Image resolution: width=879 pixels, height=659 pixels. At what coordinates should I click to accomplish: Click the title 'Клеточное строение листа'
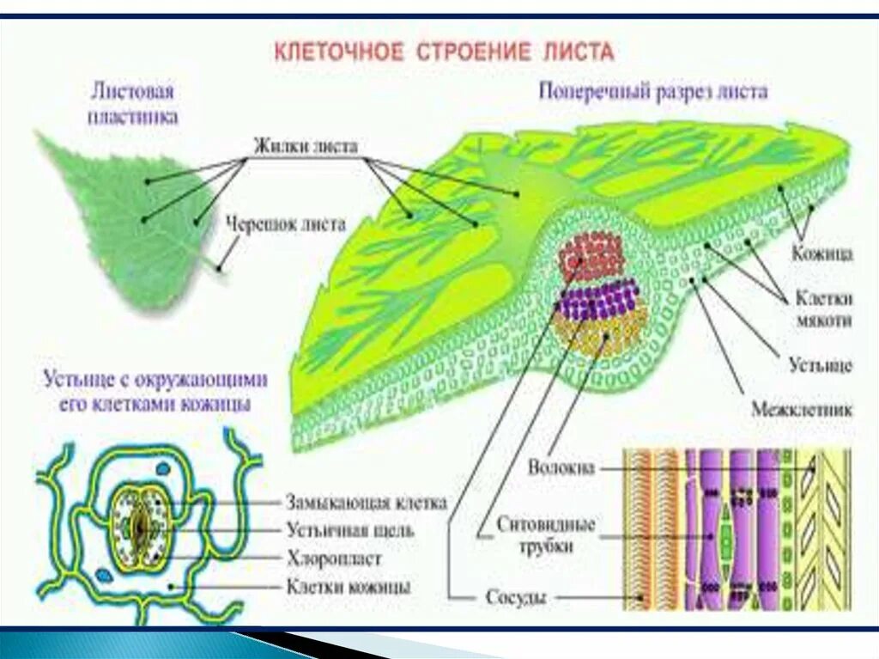[444, 52]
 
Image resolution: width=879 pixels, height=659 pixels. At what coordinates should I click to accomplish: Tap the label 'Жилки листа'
[305, 145]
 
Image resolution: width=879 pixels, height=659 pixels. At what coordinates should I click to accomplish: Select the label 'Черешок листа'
[285, 225]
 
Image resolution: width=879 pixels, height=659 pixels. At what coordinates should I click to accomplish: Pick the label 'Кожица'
[821, 253]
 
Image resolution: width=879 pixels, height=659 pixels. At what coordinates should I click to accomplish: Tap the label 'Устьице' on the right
[821, 366]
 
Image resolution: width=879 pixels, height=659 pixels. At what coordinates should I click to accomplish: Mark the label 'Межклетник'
[802, 410]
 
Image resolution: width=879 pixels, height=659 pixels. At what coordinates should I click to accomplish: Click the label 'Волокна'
[562, 469]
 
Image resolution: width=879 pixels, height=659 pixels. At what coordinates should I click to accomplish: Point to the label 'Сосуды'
[516, 596]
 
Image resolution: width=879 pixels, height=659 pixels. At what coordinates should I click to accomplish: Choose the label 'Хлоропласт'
[334, 558]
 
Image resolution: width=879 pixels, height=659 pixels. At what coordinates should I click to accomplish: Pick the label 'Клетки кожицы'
[347, 588]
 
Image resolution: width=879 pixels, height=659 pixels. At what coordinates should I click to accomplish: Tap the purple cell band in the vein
[600, 302]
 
